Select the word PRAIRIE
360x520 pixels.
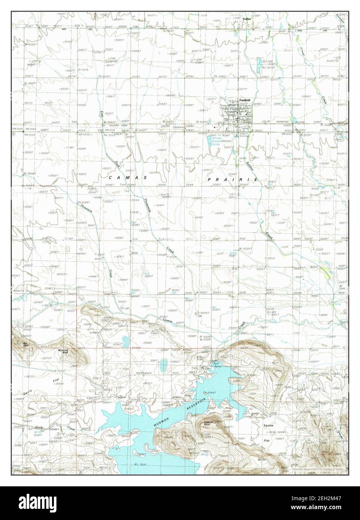pos(233,180)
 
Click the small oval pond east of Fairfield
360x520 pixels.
pos(295,120)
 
